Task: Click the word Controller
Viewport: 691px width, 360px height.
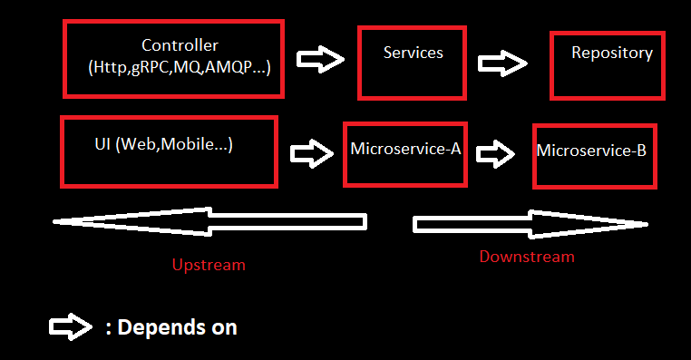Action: click(180, 44)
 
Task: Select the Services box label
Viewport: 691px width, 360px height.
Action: click(414, 53)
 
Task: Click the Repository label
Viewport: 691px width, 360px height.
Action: click(611, 53)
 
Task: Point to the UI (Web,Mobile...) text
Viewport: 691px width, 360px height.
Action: click(163, 144)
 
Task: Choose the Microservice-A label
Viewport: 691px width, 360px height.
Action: click(405, 149)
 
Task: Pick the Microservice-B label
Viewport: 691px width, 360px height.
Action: click(591, 151)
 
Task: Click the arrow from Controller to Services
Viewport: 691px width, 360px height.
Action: click(321, 61)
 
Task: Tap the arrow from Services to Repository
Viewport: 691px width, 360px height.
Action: click(503, 63)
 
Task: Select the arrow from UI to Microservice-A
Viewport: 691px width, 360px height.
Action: click(312, 151)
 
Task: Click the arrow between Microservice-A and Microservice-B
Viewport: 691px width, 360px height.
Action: click(495, 152)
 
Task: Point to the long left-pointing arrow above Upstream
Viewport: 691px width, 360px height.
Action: click(209, 221)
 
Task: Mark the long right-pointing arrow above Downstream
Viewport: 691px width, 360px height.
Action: click(530, 223)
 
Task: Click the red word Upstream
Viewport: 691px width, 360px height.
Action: click(209, 265)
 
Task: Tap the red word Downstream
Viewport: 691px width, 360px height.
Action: click(527, 257)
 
